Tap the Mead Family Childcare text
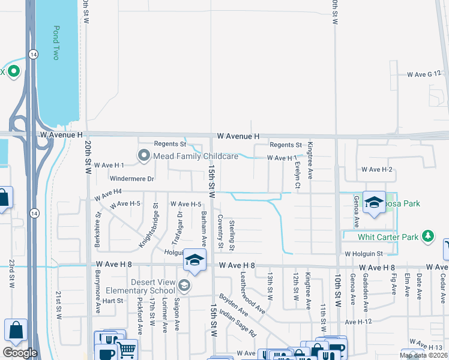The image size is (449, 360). [196, 157]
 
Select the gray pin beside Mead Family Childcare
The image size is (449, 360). [143, 157]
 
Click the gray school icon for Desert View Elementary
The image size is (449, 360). [184, 286]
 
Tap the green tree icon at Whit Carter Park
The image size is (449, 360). [428, 236]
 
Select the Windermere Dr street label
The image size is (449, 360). [132, 178]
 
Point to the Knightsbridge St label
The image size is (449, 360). [149, 226]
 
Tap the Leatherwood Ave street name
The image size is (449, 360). [252, 293]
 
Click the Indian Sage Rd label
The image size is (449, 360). [238, 322]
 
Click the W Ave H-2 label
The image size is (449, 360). [376, 170]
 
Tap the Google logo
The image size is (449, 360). [20, 353]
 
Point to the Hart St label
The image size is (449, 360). [112, 301]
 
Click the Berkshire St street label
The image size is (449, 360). [97, 229]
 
